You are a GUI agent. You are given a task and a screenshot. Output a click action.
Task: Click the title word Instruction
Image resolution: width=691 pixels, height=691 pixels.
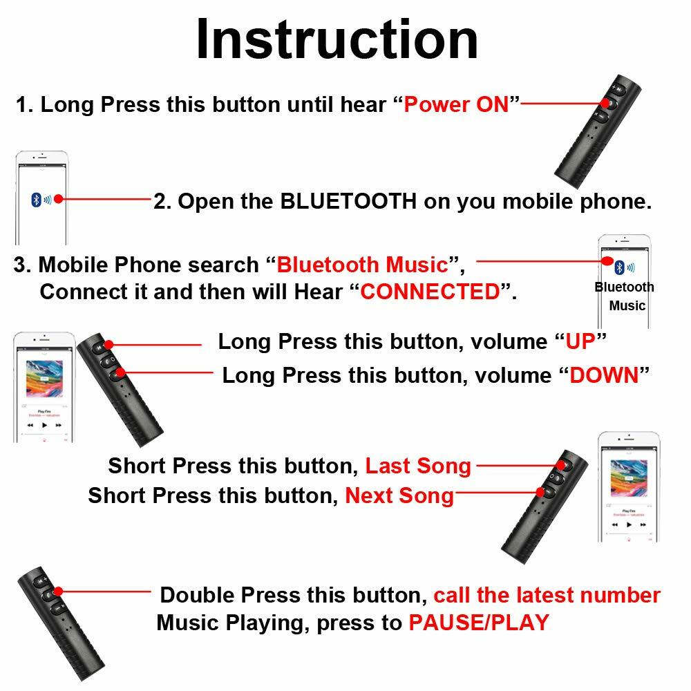point(337,40)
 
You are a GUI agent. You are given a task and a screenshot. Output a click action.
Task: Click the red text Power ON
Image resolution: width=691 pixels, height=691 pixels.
point(456,105)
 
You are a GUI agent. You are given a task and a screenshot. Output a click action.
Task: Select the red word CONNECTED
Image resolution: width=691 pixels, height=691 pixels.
point(430,292)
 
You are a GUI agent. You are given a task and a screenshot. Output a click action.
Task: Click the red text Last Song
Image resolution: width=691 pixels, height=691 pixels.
point(418,466)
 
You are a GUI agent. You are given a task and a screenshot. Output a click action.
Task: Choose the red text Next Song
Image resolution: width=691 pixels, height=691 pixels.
point(399,495)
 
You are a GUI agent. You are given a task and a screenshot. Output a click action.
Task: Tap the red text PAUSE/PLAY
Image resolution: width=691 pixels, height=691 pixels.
point(478,623)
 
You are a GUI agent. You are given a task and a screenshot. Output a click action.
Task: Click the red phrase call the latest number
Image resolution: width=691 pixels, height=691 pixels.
point(547,595)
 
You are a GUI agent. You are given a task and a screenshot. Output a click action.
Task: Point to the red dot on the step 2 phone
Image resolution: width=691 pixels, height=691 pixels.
point(59,199)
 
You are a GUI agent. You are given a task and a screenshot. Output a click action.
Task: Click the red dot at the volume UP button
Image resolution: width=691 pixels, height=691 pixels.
point(108,344)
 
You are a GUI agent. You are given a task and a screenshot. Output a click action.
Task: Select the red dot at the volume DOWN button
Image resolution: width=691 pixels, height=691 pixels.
point(122,373)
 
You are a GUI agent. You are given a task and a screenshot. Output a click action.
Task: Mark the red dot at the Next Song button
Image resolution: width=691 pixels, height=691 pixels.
point(541,492)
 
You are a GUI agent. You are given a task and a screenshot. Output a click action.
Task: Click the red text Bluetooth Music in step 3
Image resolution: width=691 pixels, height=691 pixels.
point(363,265)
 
